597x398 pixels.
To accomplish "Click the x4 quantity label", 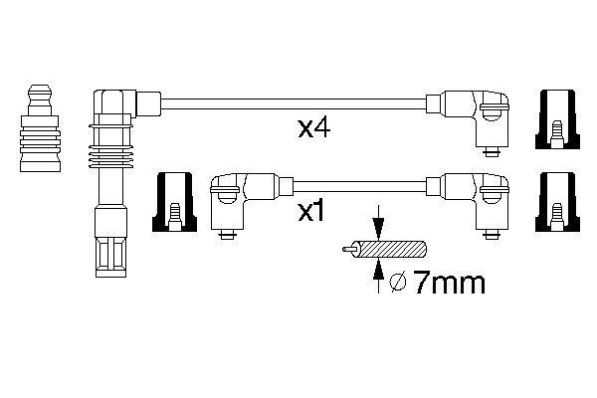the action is [313, 128].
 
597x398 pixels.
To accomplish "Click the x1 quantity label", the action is [311, 211].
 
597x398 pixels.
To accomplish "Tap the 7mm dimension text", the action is [449, 283].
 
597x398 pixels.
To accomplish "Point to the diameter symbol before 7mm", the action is [399, 283].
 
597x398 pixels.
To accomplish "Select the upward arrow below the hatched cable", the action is [378, 277].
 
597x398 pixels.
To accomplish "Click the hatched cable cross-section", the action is [391, 250].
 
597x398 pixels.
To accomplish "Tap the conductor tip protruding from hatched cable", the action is [348, 250].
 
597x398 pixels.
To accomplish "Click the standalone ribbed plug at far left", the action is [40, 128].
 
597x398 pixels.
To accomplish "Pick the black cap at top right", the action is [558, 119].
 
